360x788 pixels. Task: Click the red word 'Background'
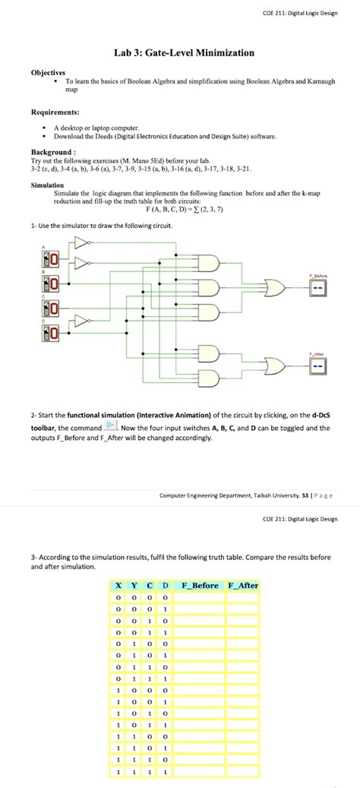(51, 152)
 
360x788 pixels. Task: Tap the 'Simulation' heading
(47, 185)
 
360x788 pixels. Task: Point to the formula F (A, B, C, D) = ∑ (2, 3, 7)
(179, 209)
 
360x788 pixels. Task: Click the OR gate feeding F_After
(272, 365)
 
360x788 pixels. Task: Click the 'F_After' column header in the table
(243, 585)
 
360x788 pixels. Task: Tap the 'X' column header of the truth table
(118, 585)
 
